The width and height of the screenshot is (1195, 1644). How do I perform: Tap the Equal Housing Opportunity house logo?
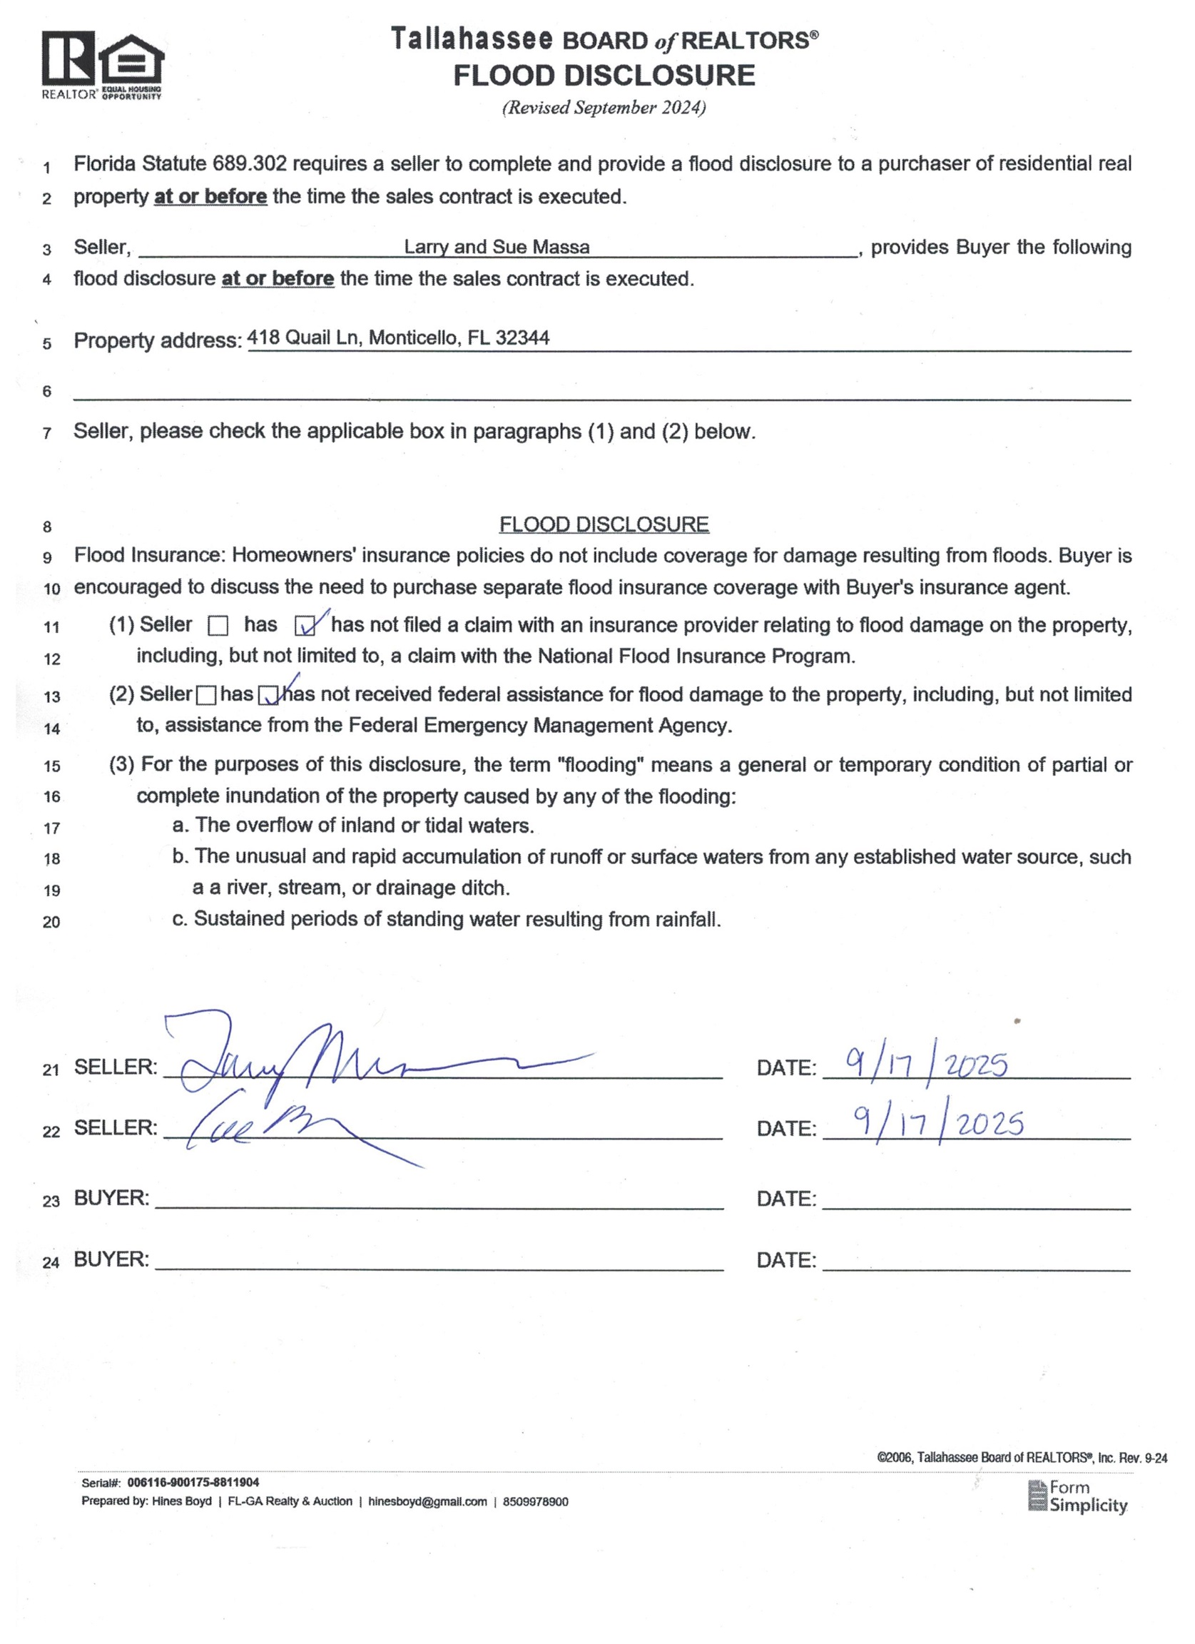[131, 61]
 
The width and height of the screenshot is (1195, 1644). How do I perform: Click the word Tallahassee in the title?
[472, 39]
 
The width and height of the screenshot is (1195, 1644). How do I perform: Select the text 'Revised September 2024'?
[604, 108]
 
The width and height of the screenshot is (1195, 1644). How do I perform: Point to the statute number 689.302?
[249, 164]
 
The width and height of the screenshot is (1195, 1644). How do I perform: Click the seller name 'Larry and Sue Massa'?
[497, 247]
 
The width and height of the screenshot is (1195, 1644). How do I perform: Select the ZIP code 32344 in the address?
[522, 338]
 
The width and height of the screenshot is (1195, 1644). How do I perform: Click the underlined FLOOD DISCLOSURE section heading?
[604, 524]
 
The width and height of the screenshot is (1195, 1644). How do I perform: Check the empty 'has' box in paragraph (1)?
[218, 626]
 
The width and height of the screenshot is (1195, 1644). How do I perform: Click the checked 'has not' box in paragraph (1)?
[305, 626]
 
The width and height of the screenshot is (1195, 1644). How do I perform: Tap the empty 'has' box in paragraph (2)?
[206, 695]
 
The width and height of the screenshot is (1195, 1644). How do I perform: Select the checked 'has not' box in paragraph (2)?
[269, 695]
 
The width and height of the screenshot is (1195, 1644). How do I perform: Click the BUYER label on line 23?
[111, 1198]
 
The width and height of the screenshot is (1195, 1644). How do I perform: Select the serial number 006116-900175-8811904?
[193, 1483]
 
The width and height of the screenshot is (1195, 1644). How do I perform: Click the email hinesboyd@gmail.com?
[427, 1502]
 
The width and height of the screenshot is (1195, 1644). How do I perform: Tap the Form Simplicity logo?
[1077, 1496]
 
